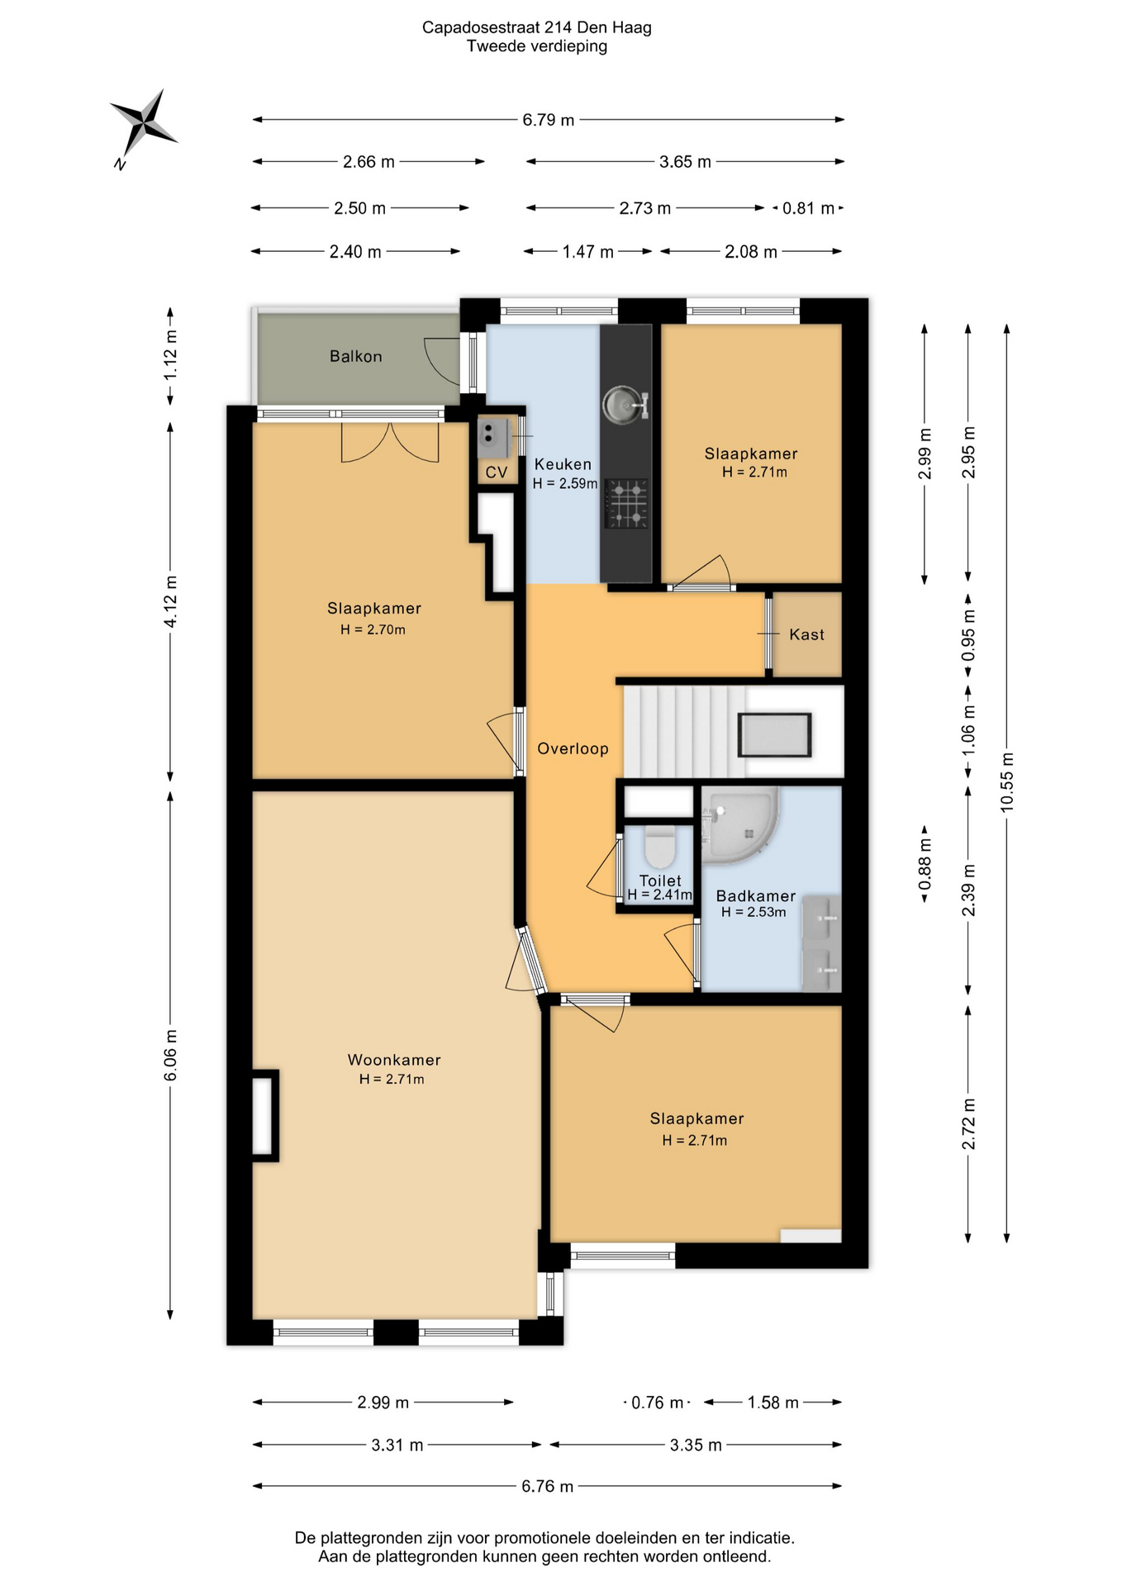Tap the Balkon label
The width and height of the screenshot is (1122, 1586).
(355, 357)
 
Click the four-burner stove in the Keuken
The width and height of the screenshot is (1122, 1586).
(627, 503)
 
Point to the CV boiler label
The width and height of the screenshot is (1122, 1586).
(496, 472)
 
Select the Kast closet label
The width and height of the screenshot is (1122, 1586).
(806, 634)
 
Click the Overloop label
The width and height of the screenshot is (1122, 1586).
(573, 748)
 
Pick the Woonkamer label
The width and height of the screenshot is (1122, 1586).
(394, 1060)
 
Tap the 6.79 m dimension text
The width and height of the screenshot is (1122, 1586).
(548, 120)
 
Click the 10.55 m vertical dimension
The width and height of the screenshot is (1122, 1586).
(1006, 782)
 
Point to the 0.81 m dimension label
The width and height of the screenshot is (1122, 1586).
(808, 208)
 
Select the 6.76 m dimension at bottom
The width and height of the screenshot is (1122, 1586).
(547, 1486)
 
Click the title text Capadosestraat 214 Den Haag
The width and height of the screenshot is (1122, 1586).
(537, 27)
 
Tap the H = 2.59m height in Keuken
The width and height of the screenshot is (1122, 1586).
(565, 483)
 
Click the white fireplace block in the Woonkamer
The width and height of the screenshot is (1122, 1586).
(264, 1116)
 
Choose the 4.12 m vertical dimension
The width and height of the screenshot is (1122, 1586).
(170, 601)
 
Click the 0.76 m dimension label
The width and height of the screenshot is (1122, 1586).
(657, 1403)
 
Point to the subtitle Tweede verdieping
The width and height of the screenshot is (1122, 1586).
(537, 46)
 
